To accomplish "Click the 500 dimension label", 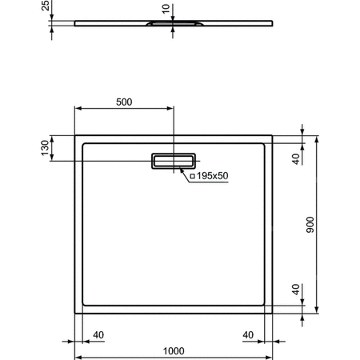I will [x=123, y=102].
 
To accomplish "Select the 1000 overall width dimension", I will [x=174, y=350].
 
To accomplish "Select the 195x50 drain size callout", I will [x=211, y=174].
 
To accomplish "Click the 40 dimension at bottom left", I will [x=99, y=334].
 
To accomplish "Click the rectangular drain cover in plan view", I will [x=172, y=161].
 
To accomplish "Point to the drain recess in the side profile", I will [x=170, y=26].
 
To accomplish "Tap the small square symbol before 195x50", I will [x=194, y=175].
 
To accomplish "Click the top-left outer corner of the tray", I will [x=75, y=134].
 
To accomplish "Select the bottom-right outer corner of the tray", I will [x=274, y=314].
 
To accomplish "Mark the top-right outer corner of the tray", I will [x=274, y=134].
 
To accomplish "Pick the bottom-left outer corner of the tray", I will [x=75, y=314].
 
